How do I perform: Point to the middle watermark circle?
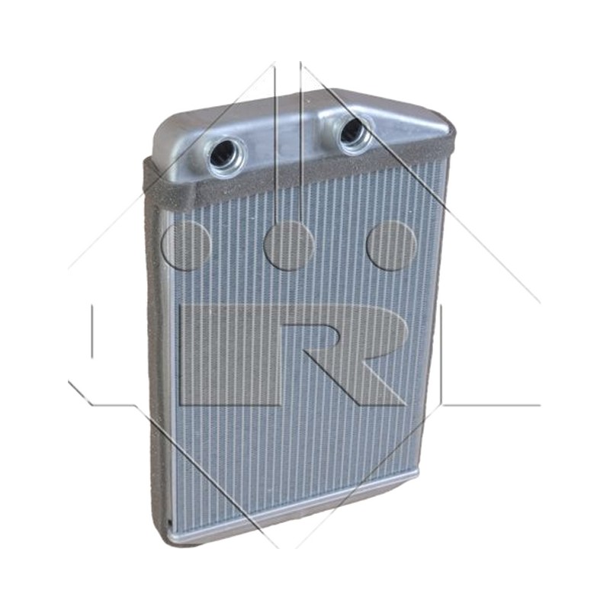coord(289,246)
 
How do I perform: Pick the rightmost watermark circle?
coord(391,246)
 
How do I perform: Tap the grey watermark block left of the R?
coord(230,355)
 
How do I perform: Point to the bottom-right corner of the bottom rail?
coord(417,475)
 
